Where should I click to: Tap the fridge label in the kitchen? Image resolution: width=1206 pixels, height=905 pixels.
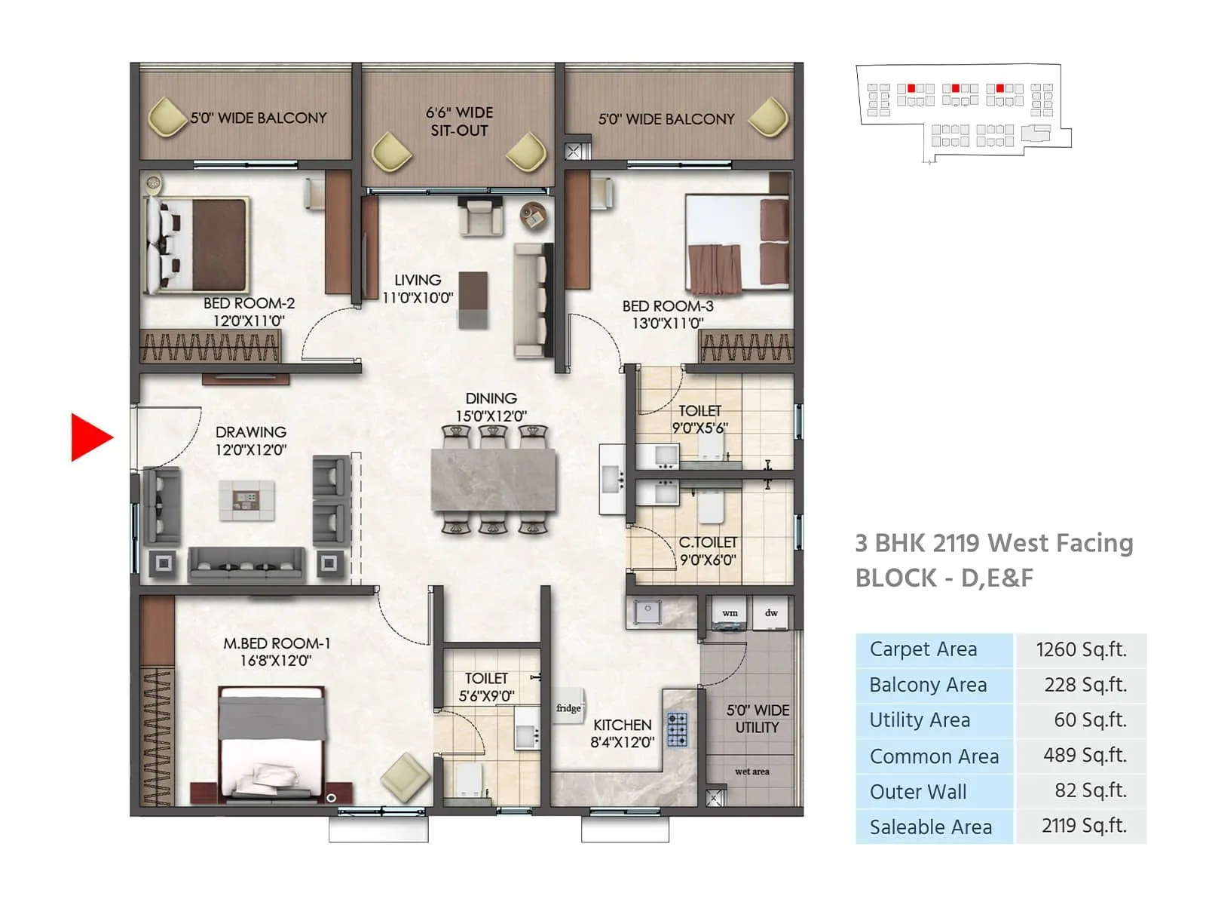[x=568, y=707]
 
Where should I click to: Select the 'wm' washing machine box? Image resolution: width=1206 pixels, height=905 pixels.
[x=730, y=612]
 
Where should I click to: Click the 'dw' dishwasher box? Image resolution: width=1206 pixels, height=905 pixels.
[x=771, y=612]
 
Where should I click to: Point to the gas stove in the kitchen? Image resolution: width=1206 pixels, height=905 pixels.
[x=677, y=729]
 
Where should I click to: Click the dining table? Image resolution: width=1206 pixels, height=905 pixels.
[x=494, y=480]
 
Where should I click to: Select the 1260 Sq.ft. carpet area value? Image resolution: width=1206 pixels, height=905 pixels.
[x=1081, y=650]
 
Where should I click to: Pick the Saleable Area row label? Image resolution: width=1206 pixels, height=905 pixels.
[x=931, y=827]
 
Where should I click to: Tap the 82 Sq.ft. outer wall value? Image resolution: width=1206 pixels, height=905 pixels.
[x=1090, y=790]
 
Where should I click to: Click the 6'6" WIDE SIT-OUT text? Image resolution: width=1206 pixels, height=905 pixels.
[x=459, y=121]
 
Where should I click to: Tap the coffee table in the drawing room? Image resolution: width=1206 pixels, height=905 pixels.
[x=246, y=500]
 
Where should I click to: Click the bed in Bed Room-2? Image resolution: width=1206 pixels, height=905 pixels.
[x=197, y=244]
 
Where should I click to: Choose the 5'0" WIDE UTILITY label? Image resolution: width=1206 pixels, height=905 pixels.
[x=758, y=719]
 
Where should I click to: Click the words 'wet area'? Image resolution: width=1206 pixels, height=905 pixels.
[x=751, y=772]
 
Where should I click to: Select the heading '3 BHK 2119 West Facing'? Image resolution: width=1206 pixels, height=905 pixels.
[x=993, y=543]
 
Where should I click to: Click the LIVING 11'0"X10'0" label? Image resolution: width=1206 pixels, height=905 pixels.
[x=417, y=289]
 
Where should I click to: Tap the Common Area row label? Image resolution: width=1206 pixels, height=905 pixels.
[x=934, y=756]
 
